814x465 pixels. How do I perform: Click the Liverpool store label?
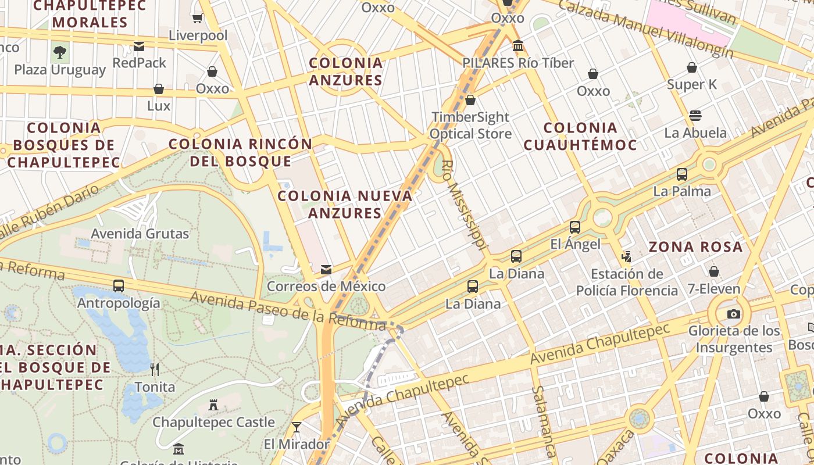click(198, 35)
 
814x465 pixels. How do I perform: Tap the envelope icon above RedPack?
click(139, 46)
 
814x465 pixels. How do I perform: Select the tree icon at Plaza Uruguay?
click(59, 53)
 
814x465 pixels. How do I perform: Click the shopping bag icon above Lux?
click(158, 89)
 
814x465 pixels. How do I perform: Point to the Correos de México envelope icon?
click(326, 270)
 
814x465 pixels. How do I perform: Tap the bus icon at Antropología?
click(119, 285)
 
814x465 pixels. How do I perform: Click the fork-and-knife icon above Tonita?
click(155, 369)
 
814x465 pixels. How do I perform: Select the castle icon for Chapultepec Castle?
click(213, 405)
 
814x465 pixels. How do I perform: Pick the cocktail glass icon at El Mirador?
click(297, 427)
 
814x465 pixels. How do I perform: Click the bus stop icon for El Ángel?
click(575, 227)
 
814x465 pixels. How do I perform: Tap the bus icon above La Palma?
click(682, 174)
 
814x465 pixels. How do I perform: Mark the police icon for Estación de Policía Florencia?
click(626, 256)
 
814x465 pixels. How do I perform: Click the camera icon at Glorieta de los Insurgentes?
click(734, 314)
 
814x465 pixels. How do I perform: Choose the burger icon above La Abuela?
click(695, 115)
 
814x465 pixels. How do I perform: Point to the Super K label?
click(692, 84)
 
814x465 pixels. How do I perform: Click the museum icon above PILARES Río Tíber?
click(517, 45)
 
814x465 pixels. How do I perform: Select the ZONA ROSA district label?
click(695, 247)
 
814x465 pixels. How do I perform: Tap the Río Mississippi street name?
click(463, 205)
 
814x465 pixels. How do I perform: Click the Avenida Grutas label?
click(140, 234)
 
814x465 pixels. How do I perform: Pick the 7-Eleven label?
click(714, 289)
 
